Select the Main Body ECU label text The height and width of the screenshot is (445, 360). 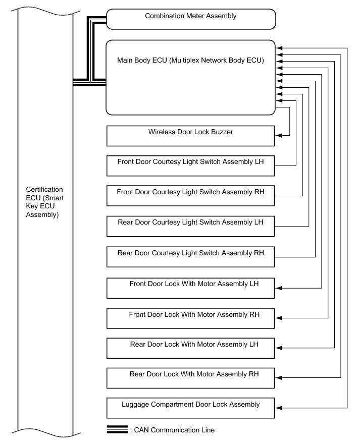coord(191,60)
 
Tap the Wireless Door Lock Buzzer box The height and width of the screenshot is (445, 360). coord(191,136)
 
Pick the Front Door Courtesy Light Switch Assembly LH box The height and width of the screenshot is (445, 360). coord(191,166)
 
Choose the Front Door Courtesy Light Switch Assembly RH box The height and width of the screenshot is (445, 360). coord(191,196)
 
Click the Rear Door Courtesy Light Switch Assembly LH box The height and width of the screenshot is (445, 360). coord(191,226)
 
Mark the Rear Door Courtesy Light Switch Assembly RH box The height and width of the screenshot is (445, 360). coord(191,257)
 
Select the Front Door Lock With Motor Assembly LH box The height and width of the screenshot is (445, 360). coord(191,288)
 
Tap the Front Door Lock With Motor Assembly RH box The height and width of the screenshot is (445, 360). coord(191,318)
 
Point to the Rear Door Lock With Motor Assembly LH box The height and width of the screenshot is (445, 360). coord(191,348)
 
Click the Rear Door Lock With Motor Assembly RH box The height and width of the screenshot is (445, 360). coord(191,378)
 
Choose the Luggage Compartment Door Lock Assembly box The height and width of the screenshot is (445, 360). coord(191,408)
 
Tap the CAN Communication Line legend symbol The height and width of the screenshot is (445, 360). coord(118,430)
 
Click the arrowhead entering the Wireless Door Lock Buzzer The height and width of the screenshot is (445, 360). coord(279,135)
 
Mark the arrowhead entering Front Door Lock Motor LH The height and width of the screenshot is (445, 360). coord(279,288)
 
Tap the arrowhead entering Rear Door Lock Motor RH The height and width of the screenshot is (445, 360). coord(279,378)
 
